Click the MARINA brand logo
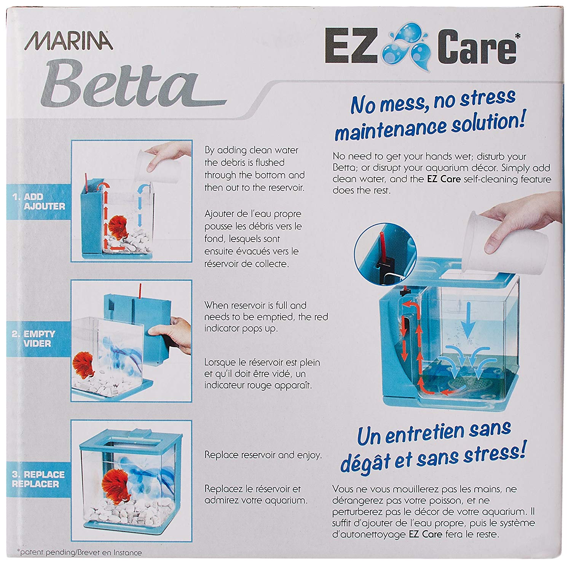pyautogui.click(x=69, y=41)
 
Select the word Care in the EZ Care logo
pyautogui.click(x=478, y=48)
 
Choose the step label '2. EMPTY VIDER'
pyautogui.click(x=34, y=339)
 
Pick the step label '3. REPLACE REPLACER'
pyautogui.click(x=38, y=479)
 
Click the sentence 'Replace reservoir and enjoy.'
pyautogui.click(x=263, y=455)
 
